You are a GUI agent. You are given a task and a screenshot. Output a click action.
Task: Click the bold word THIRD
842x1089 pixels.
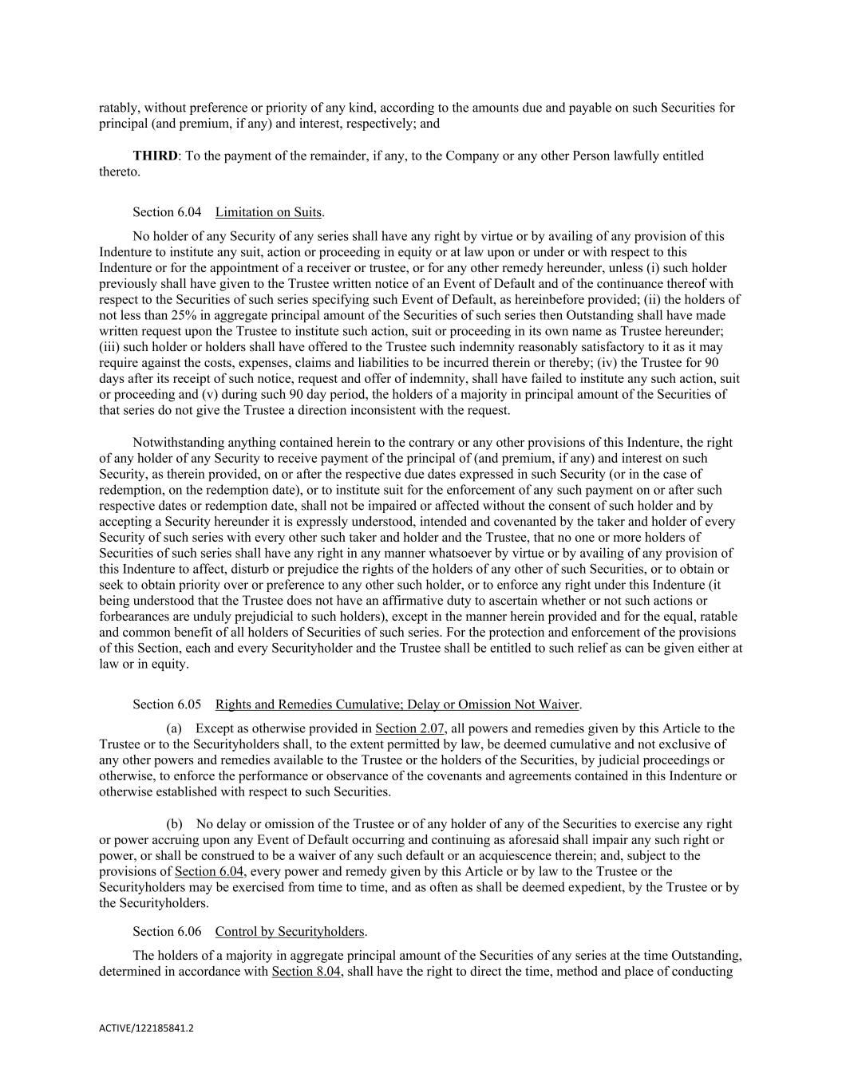click(155, 156)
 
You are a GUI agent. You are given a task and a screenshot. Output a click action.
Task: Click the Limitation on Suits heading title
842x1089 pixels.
click(269, 212)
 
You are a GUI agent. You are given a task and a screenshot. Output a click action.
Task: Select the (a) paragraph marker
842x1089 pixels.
click(174, 728)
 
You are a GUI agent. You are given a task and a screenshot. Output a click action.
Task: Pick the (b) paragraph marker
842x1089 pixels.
click(174, 824)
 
